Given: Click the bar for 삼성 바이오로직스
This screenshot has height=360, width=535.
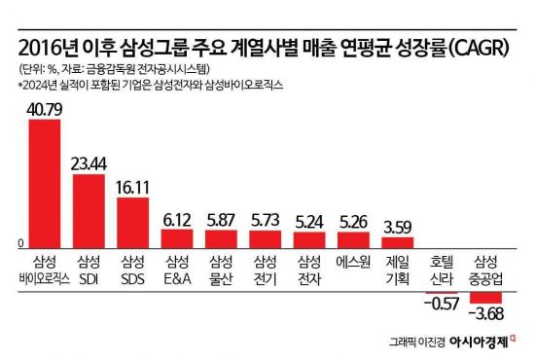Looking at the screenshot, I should pyautogui.click(x=46, y=184).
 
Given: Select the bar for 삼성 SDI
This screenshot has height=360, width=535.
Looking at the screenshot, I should pyautogui.click(x=89, y=209).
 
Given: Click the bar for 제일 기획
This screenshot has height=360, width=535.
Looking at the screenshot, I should pyautogui.click(x=398, y=243).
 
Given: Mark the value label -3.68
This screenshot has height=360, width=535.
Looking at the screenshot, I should pyautogui.click(x=485, y=314).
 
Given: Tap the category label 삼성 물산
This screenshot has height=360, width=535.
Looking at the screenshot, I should pyautogui.click(x=221, y=270).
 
